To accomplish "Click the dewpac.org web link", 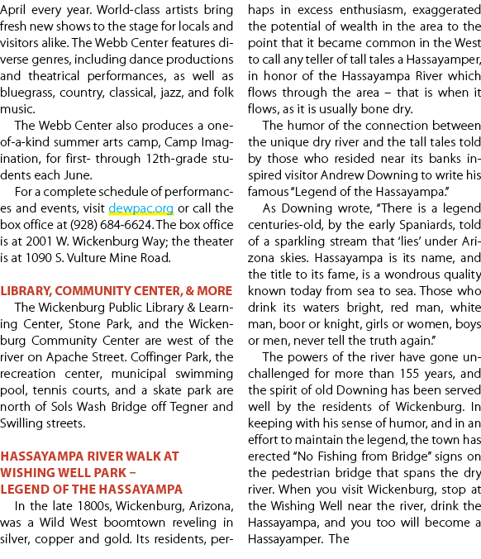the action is click(x=141, y=208).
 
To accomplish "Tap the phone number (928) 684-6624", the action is click(x=111, y=225).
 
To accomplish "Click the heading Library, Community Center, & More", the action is click(x=117, y=291).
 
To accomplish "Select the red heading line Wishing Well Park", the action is click(x=68, y=473).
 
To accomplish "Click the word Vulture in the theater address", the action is click(x=87, y=258).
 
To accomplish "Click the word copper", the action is click(x=55, y=540).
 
